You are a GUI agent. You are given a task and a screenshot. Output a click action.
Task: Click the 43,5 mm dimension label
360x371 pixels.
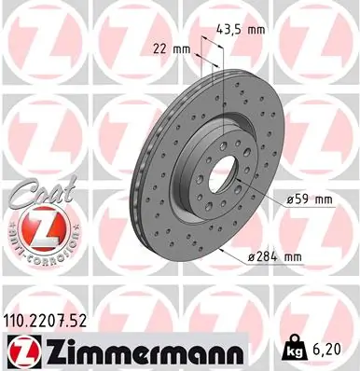241,30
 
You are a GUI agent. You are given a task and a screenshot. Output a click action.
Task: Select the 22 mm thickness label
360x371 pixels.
172,49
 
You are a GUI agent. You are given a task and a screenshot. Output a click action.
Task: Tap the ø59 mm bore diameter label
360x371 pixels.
309,199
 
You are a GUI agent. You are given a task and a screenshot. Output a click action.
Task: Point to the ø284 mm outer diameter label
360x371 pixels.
275,256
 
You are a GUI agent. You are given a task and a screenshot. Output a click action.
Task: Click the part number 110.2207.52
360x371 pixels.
44,322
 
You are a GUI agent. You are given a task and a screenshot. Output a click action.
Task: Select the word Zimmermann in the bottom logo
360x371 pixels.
144,350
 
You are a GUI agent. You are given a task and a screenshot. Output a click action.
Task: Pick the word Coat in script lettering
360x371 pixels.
43,190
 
